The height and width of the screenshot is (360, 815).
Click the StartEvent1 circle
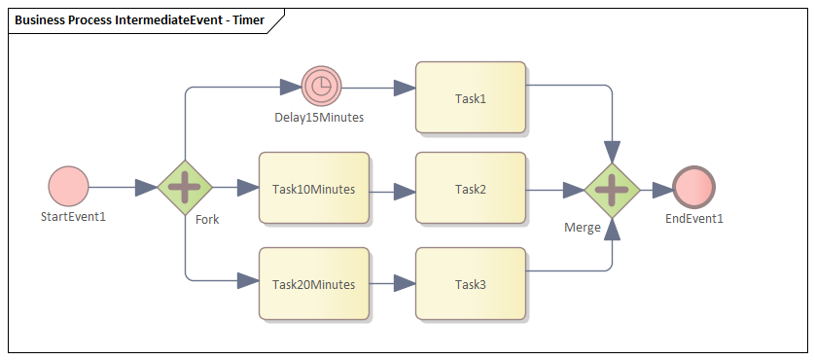pos(68,186)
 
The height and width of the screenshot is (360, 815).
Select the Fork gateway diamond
pos(185,186)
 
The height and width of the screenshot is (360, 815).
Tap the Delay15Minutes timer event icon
pos(321,87)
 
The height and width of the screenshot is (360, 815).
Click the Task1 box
pos(471,98)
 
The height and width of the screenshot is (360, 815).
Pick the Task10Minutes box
pos(313,189)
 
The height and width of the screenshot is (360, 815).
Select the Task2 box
pos(471,189)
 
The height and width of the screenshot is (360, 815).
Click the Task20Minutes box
pos(313,284)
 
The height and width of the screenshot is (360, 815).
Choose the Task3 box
pos(471,284)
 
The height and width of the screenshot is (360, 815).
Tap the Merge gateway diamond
pos(611,189)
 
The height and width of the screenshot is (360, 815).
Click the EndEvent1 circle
pos(693,189)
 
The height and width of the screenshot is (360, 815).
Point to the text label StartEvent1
pos(73,216)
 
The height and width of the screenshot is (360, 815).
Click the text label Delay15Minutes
pos(319,118)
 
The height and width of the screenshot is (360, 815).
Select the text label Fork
pos(207,219)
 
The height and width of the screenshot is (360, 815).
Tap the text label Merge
pos(583,227)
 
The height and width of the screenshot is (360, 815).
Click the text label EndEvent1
pos(694,219)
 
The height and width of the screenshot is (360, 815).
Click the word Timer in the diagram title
pos(245,20)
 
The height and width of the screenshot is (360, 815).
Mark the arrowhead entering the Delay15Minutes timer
pos(291,87)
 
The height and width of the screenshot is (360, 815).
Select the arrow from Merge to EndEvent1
pos(656,189)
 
